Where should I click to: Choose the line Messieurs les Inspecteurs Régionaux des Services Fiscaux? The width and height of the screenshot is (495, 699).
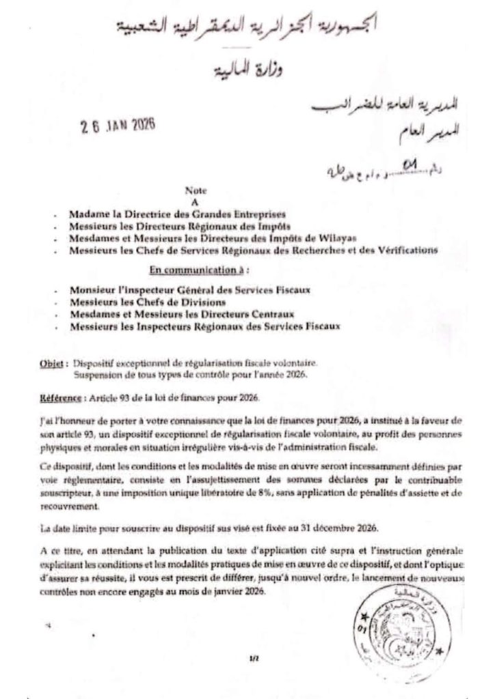[x=204, y=326]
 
